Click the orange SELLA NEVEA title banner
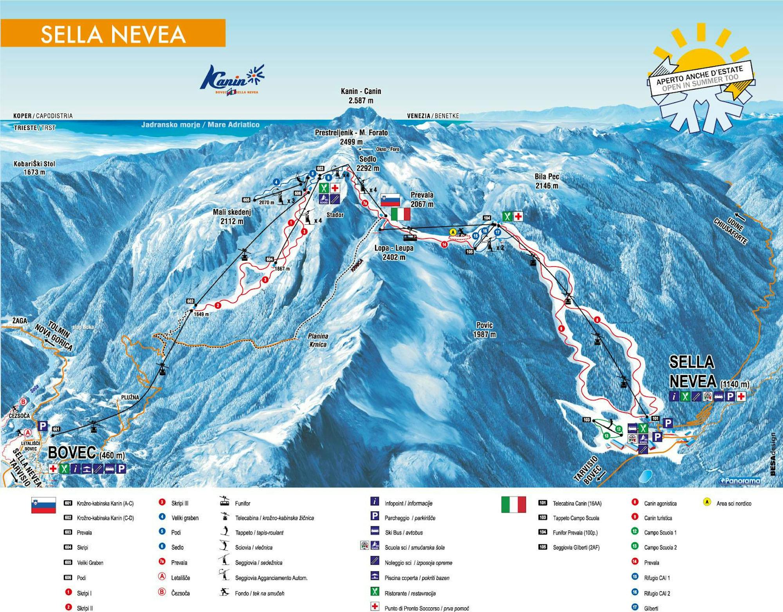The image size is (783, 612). [x=113, y=33]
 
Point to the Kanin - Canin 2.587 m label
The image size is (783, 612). [x=360, y=96]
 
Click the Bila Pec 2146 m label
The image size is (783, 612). [x=547, y=181]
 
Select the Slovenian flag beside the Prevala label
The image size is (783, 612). [x=390, y=200]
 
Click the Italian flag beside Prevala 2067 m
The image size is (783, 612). [x=401, y=214]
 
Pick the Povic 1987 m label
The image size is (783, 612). [x=484, y=329]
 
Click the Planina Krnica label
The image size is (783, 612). [x=318, y=340]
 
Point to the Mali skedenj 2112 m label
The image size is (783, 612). [x=232, y=217]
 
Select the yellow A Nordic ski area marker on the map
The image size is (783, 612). [x=453, y=232]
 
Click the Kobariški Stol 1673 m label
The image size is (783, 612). [x=34, y=168]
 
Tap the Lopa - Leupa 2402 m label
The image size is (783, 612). [x=393, y=252]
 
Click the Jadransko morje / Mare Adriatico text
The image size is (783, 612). [x=200, y=125]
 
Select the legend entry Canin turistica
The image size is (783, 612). [x=658, y=518]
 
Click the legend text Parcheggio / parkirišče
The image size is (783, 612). [x=410, y=518]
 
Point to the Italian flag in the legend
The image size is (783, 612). [x=513, y=504]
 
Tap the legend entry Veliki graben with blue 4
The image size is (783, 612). [x=184, y=518]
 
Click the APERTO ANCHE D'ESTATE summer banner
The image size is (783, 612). [x=700, y=78]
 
